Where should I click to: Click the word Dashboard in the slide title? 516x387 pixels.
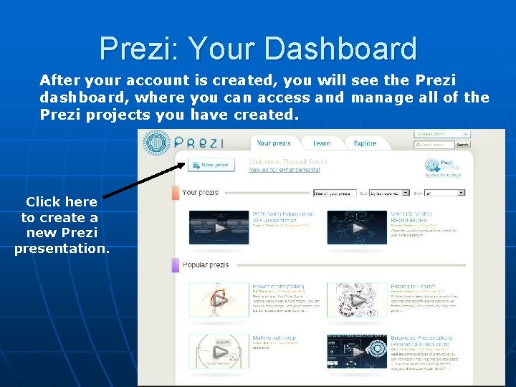coord(341,49)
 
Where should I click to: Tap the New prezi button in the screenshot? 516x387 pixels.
coord(211,165)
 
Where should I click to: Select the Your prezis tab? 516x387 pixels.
coord(273,143)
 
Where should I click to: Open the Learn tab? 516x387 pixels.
coord(322,143)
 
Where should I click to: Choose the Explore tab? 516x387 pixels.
coord(365,143)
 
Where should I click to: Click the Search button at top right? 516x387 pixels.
coord(463,145)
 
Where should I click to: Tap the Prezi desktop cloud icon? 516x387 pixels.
coord(432,166)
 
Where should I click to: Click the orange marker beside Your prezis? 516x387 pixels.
coord(175,193)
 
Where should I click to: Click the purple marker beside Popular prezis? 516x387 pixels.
coord(175,265)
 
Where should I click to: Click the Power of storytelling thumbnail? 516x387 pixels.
coord(219,300)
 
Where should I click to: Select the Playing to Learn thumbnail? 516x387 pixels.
coord(357,300)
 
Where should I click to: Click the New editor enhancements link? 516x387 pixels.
coord(285,171)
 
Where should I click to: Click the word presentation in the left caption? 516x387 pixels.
coord(62,249)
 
